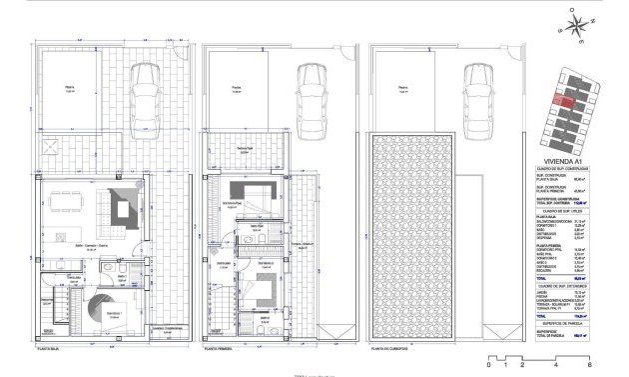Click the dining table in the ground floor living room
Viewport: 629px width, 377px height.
point(71,200)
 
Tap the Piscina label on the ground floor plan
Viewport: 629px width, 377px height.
point(70,87)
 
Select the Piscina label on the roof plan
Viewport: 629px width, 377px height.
point(403,87)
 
